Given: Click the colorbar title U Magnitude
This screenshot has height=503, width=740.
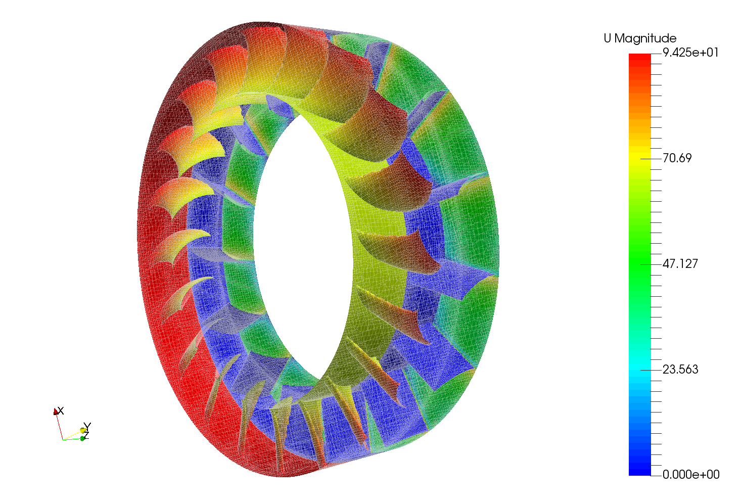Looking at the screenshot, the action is (x=640, y=38).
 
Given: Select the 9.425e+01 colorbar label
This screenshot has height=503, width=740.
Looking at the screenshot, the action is (x=690, y=53).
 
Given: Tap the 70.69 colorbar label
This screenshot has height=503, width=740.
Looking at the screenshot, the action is (x=677, y=158).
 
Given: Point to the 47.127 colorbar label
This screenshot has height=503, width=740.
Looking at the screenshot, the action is (x=680, y=264).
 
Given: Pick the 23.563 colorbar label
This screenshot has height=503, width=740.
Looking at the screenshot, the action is (x=680, y=369).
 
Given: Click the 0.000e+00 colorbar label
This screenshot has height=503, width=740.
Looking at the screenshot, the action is (x=691, y=475).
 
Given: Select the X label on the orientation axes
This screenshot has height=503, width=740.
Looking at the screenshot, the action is (x=61, y=411).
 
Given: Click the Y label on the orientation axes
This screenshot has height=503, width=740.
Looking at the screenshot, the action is (x=87, y=426).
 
